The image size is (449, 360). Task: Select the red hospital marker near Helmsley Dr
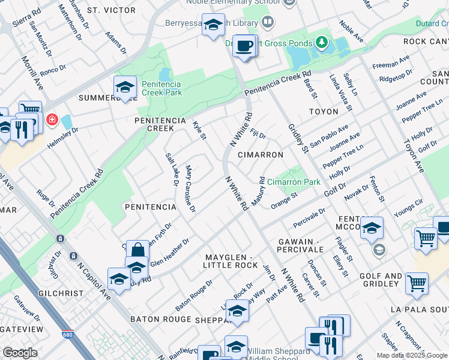52,119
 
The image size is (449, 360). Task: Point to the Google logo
20,353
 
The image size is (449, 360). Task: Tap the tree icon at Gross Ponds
322,43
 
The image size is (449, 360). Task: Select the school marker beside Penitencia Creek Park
125,87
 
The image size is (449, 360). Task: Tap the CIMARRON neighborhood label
260,155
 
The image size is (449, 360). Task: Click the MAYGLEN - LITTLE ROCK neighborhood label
230,260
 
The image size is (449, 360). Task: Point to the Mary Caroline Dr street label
191,188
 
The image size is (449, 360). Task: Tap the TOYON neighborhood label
323,112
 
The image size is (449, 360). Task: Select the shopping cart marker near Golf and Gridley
416,283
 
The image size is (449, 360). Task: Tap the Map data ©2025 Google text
411,355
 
